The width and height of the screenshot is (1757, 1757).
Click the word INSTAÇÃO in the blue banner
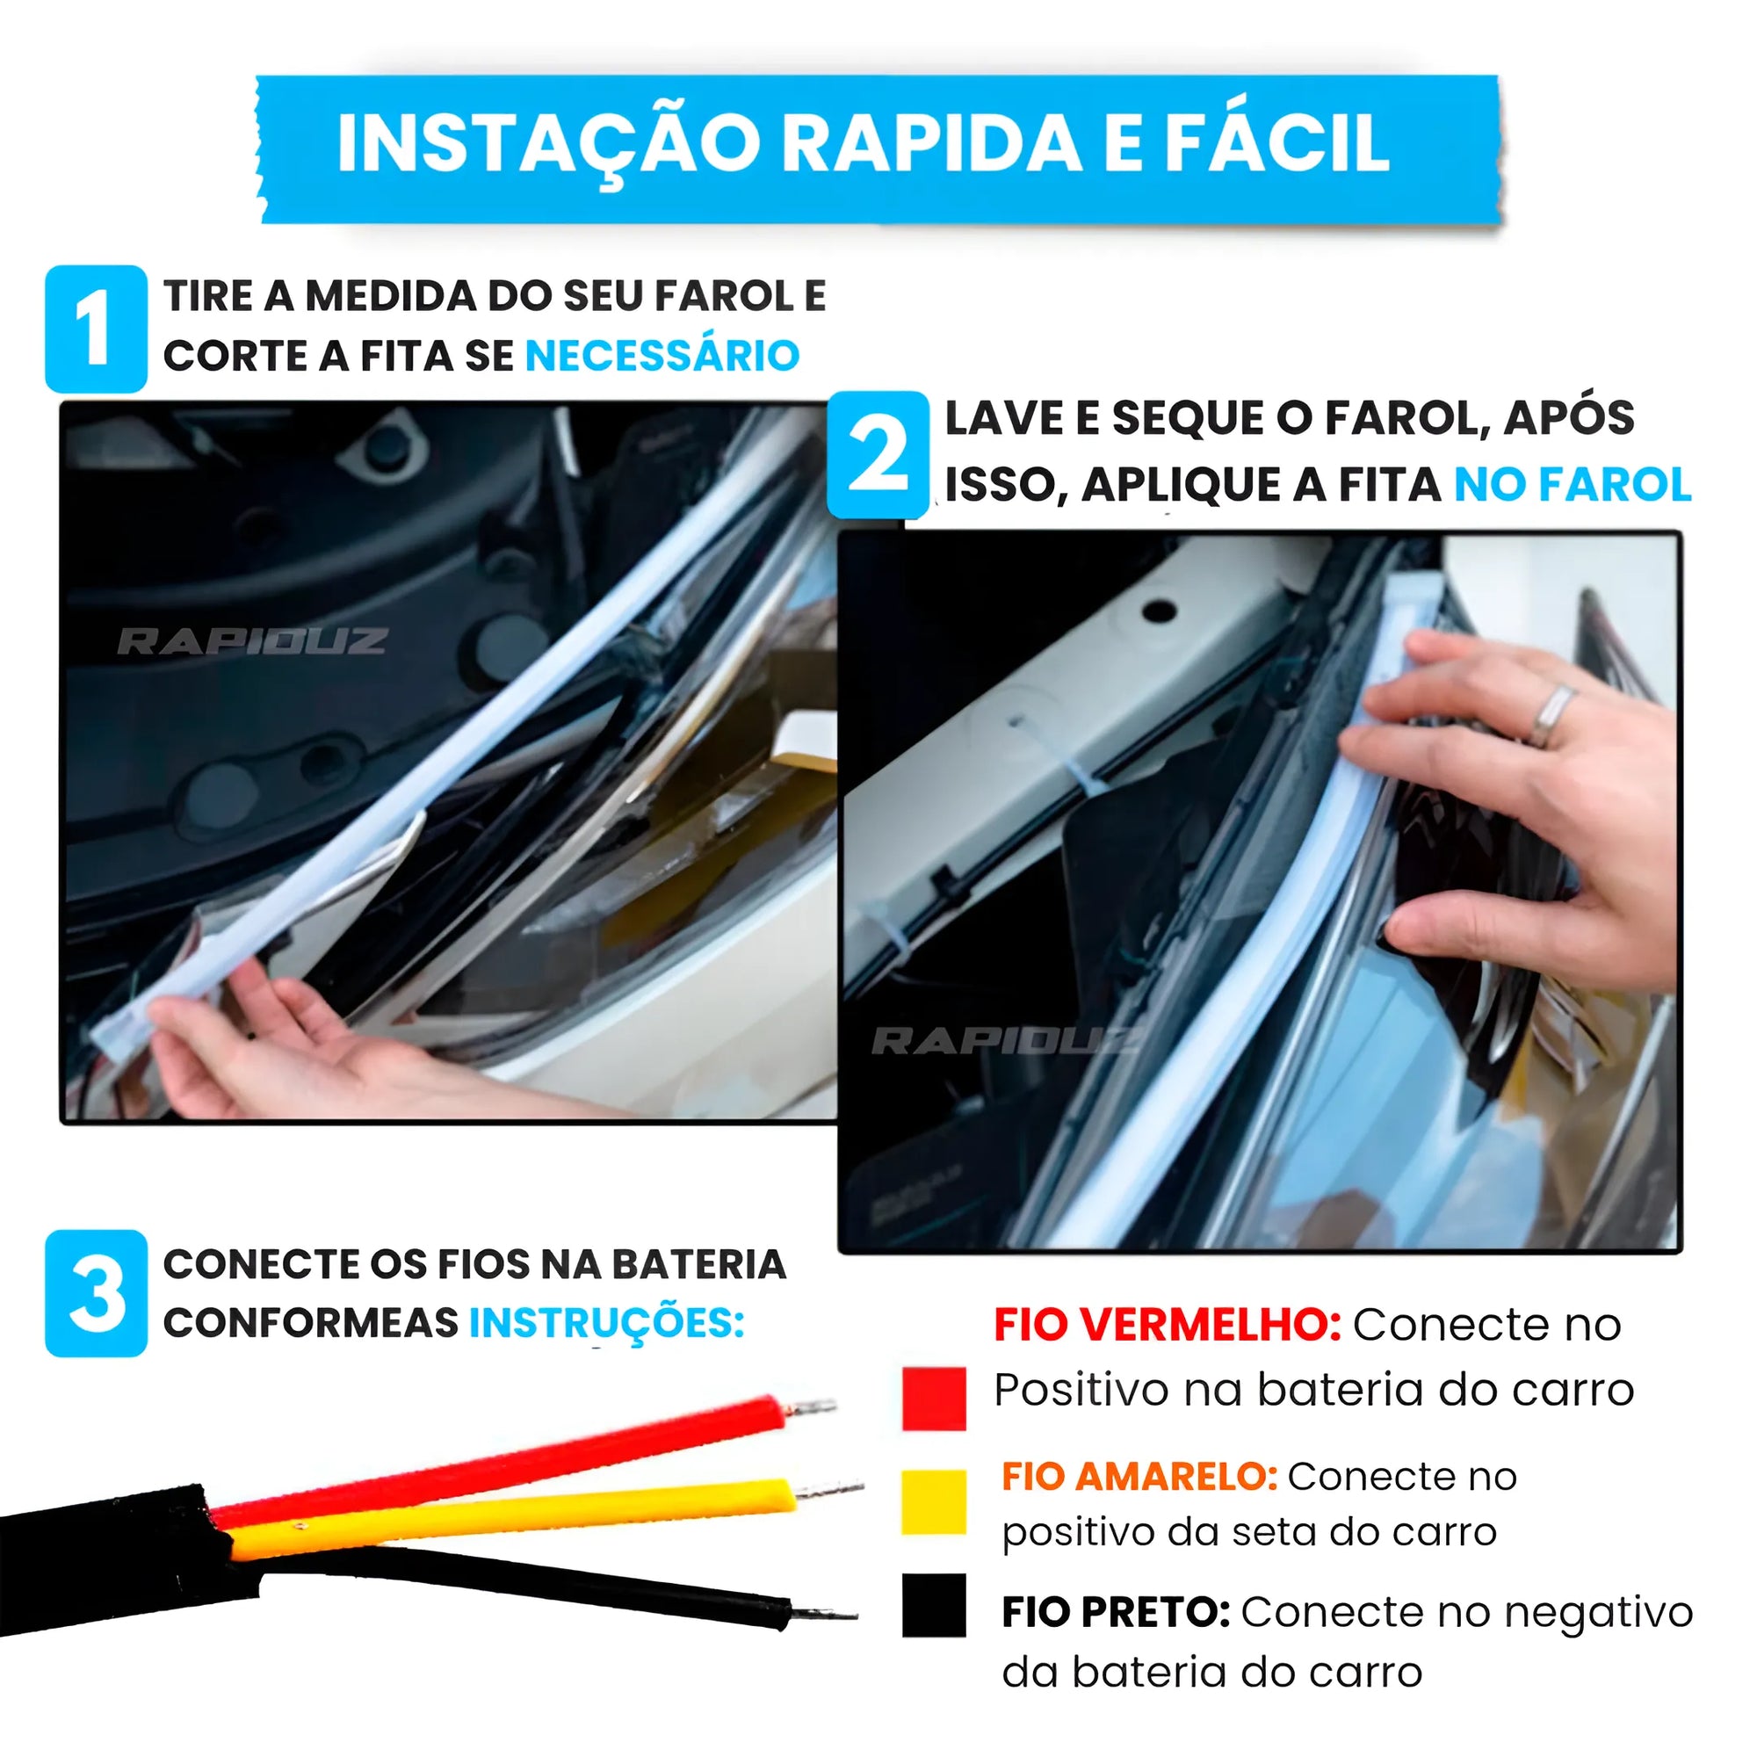click(x=546, y=144)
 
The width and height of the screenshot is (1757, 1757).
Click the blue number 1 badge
click(x=96, y=329)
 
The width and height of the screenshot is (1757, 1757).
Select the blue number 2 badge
click(x=878, y=455)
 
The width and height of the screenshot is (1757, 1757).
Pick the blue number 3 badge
click(x=96, y=1293)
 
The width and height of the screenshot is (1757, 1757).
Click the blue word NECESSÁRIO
click(x=662, y=356)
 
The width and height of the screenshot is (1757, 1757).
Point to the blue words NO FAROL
click(x=1572, y=484)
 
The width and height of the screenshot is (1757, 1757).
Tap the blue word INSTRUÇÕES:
click(x=606, y=1322)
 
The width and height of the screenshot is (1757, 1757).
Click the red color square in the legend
click(x=933, y=1399)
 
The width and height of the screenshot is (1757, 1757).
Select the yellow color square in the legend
click(x=933, y=1502)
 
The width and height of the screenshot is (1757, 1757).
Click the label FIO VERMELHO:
click(x=1167, y=1324)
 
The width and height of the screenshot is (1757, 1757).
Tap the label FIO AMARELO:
click(x=1139, y=1476)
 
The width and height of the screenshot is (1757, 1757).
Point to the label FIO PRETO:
click(x=1116, y=1612)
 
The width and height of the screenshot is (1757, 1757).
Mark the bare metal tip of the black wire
click(x=823, y=1614)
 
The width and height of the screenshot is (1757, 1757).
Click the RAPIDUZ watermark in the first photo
click(x=252, y=641)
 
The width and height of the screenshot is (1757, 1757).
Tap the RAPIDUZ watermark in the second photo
click(x=1005, y=1041)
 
